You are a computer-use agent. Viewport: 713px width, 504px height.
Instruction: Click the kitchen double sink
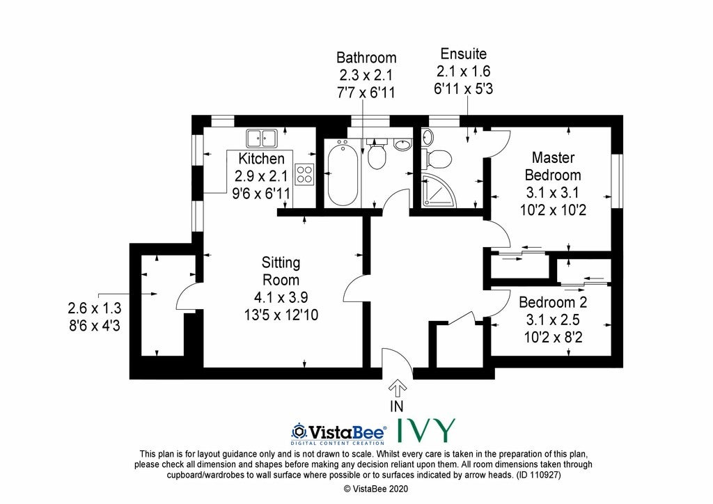pyautogui.click(x=262, y=138)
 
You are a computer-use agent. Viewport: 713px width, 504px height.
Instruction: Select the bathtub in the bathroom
pyautogui.click(x=343, y=173)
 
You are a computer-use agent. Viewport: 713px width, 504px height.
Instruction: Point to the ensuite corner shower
pyautogui.click(x=438, y=189)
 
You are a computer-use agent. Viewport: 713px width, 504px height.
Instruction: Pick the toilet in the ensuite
pyautogui.click(x=436, y=159)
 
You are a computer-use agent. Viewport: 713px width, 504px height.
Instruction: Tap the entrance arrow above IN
pyautogui.click(x=397, y=388)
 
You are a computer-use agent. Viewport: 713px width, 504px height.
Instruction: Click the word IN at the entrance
pyautogui.click(x=396, y=405)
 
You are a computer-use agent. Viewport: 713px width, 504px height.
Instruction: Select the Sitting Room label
pyautogui.click(x=281, y=271)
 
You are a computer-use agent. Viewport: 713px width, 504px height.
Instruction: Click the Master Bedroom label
pyautogui.click(x=553, y=166)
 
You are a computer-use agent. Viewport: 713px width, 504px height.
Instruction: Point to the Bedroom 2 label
pyautogui.click(x=553, y=302)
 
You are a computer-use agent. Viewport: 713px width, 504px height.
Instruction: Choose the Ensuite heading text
pyautogui.click(x=463, y=54)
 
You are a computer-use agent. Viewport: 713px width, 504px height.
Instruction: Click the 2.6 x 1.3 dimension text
pyautogui.click(x=95, y=308)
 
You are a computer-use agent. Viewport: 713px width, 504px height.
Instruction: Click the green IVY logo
pyautogui.click(x=426, y=431)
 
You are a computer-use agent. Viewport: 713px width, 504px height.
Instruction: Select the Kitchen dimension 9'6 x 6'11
pyautogui.click(x=261, y=194)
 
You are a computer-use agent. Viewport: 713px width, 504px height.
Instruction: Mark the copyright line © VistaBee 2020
pyautogui.click(x=376, y=489)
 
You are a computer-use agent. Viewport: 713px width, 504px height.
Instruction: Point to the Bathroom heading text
pyautogui.click(x=366, y=58)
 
